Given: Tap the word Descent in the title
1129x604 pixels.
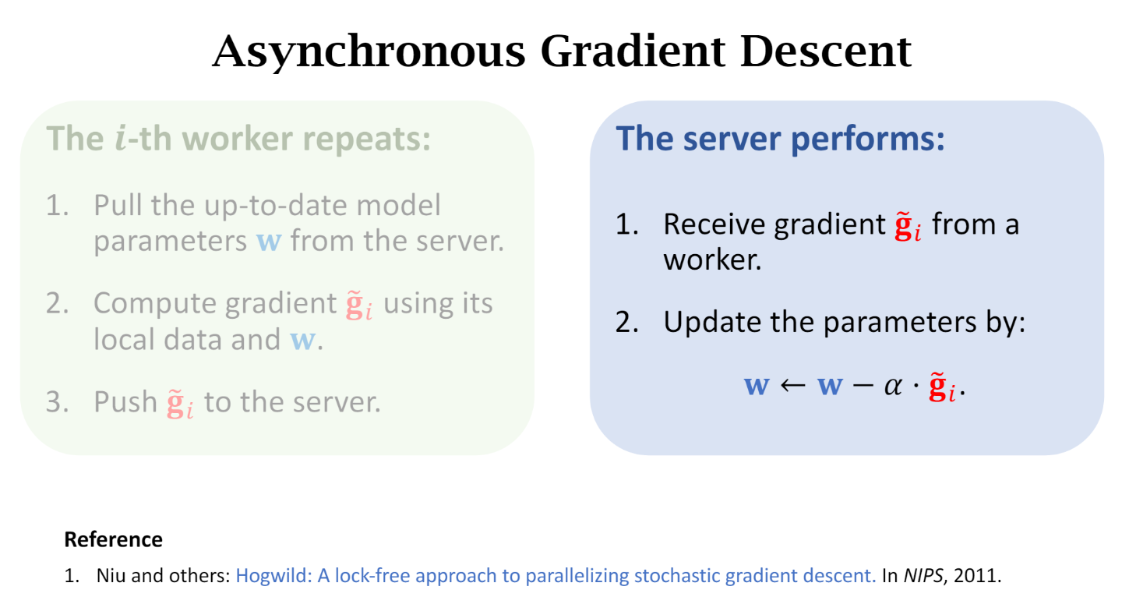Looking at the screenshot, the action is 825,51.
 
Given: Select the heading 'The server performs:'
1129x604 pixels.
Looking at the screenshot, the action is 780,139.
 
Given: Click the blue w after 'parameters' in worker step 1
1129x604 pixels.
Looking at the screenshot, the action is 269,242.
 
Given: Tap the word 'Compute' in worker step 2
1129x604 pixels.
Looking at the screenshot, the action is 154,303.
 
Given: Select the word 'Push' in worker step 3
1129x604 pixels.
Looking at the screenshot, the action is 125,402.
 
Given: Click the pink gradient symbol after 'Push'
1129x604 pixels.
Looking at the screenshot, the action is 180,404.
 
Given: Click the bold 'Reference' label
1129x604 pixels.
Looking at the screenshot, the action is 113,539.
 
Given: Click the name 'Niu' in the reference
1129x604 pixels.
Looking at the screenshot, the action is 109,577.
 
